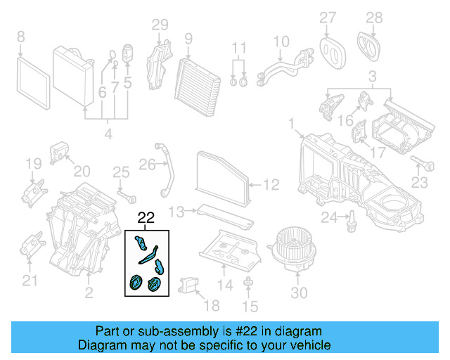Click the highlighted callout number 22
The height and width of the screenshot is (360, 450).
point(146,218)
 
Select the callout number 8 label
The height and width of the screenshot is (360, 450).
point(20,36)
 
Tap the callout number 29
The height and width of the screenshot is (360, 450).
point(160,25)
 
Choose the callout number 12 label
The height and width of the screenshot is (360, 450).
point(271,185)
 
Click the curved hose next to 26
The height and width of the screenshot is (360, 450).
point(169,172)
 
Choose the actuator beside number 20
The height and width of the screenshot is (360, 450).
point(59,151)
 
